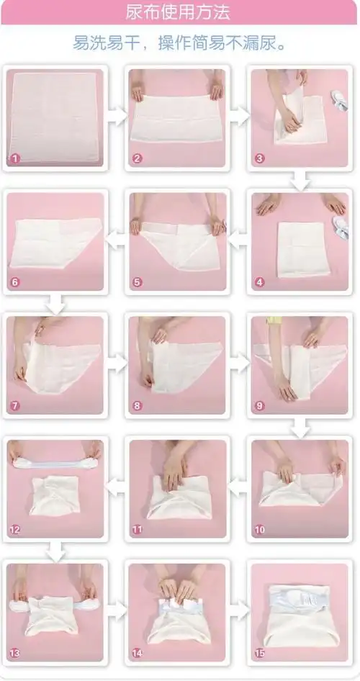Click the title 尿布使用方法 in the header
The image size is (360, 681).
point(178,12)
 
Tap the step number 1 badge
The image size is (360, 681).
point(15,158)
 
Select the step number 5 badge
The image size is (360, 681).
point(138,282)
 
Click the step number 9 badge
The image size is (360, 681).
point(260,406)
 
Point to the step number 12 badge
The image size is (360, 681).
point(15,530)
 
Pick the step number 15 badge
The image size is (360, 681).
point(260,653)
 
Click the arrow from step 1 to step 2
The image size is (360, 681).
point(117,117)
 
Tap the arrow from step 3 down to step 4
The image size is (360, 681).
point(300,181)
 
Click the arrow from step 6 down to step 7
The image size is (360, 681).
point(55,304)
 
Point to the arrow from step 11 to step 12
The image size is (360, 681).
point(116,487)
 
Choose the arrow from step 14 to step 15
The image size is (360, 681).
point(239,611)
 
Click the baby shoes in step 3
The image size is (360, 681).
point(339,100)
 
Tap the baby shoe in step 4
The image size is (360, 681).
point(341,227)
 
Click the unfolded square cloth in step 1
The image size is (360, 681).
point(55,117)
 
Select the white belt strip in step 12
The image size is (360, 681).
point(55,464)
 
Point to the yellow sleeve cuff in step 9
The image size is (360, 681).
point(274,320)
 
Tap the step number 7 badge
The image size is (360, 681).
point(15,406)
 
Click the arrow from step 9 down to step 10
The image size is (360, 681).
point(300,428)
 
